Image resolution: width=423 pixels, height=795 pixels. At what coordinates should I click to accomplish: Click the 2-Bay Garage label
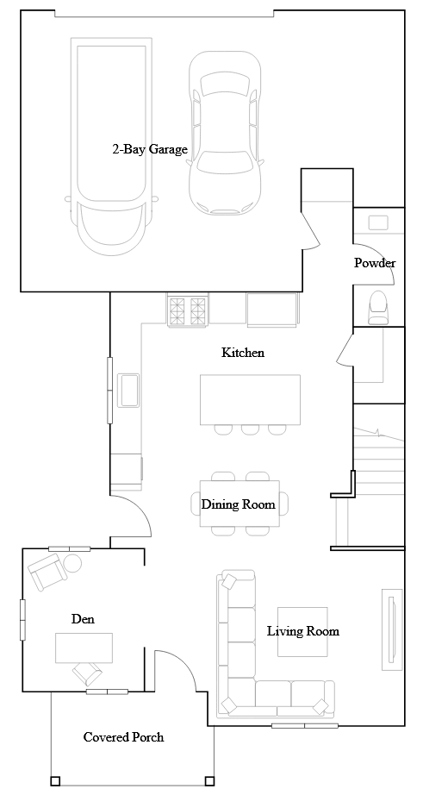click(150, 149)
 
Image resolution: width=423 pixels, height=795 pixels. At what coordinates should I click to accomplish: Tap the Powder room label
click(375, 263)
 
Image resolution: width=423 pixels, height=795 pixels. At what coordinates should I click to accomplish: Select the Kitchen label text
click(243, 353)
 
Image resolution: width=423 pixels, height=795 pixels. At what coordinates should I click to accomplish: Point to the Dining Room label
click(239, 504)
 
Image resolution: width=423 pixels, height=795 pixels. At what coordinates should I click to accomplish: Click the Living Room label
click(302, 631)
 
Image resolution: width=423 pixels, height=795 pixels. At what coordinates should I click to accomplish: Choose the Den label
click(83, 619)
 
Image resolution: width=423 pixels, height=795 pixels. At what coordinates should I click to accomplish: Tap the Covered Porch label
click(123, 737)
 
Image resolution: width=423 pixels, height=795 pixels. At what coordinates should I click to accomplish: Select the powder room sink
click(378, 222)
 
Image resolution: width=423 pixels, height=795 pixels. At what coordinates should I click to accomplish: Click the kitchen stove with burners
click(188, 310)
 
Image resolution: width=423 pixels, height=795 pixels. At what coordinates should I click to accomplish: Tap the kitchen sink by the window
click(130, 389)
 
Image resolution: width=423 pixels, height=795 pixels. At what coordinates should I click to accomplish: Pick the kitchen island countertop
click(250, 399)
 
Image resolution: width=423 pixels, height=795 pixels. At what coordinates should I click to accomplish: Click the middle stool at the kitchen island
click(250, 429)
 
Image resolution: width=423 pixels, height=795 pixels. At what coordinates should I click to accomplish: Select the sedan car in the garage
click(225, 134)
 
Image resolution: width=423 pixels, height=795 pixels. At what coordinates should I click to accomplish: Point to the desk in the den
click(84, 647)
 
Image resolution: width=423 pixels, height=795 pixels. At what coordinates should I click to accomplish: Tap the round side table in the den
click(72, 564)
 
